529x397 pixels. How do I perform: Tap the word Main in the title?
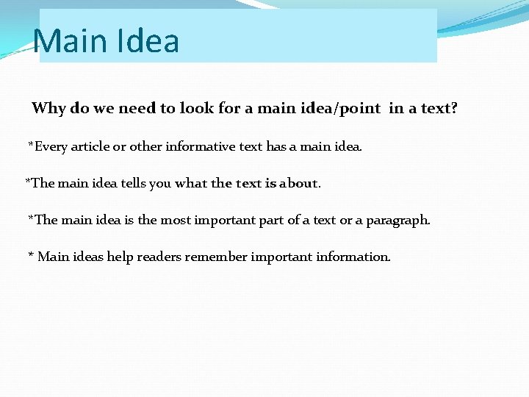point(70,41)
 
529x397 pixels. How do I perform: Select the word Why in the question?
point(48,109)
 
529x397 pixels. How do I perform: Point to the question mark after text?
point(454,109)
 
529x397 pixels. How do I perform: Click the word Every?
point(51,146)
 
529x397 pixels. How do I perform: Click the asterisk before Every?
point(31,145)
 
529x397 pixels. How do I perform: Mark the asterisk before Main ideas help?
point(31,255)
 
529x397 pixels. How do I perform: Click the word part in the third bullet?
point(273,221)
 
